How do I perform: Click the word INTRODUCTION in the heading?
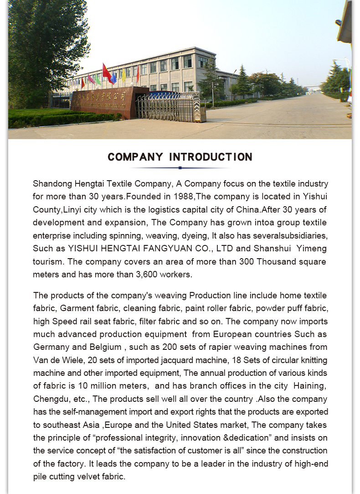tap(211, 157)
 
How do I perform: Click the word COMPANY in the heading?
tap(135, 157)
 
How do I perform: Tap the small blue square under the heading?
tap(180, 168)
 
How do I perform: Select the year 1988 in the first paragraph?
tap(184, 197)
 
